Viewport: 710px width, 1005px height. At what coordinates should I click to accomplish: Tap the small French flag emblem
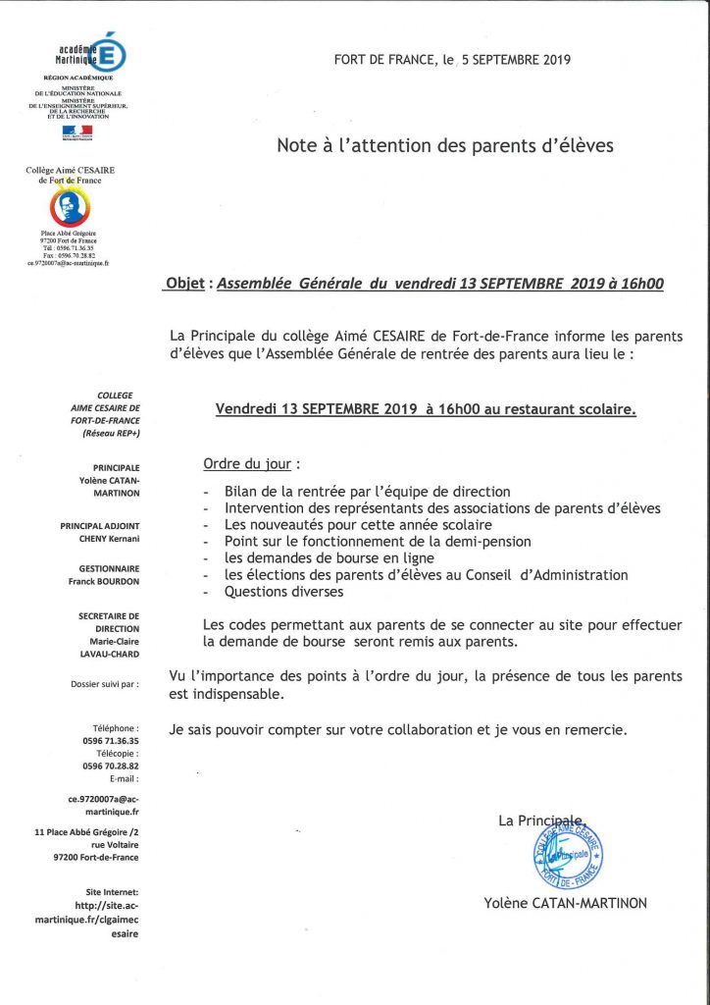[x=77, y=132]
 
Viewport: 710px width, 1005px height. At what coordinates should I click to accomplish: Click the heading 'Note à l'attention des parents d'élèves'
[x=445, y=146]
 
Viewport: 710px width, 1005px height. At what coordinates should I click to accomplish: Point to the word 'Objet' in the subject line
[x=186, y=285]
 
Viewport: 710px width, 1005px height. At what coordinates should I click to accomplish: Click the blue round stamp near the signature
[x=561, y=854]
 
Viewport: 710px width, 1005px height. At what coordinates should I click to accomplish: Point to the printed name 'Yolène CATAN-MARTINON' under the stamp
[x=565, y=903]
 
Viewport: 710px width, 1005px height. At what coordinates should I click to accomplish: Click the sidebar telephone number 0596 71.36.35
[x=109, y=741]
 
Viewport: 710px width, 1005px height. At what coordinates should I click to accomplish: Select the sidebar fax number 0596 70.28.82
[x=109, y=766]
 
